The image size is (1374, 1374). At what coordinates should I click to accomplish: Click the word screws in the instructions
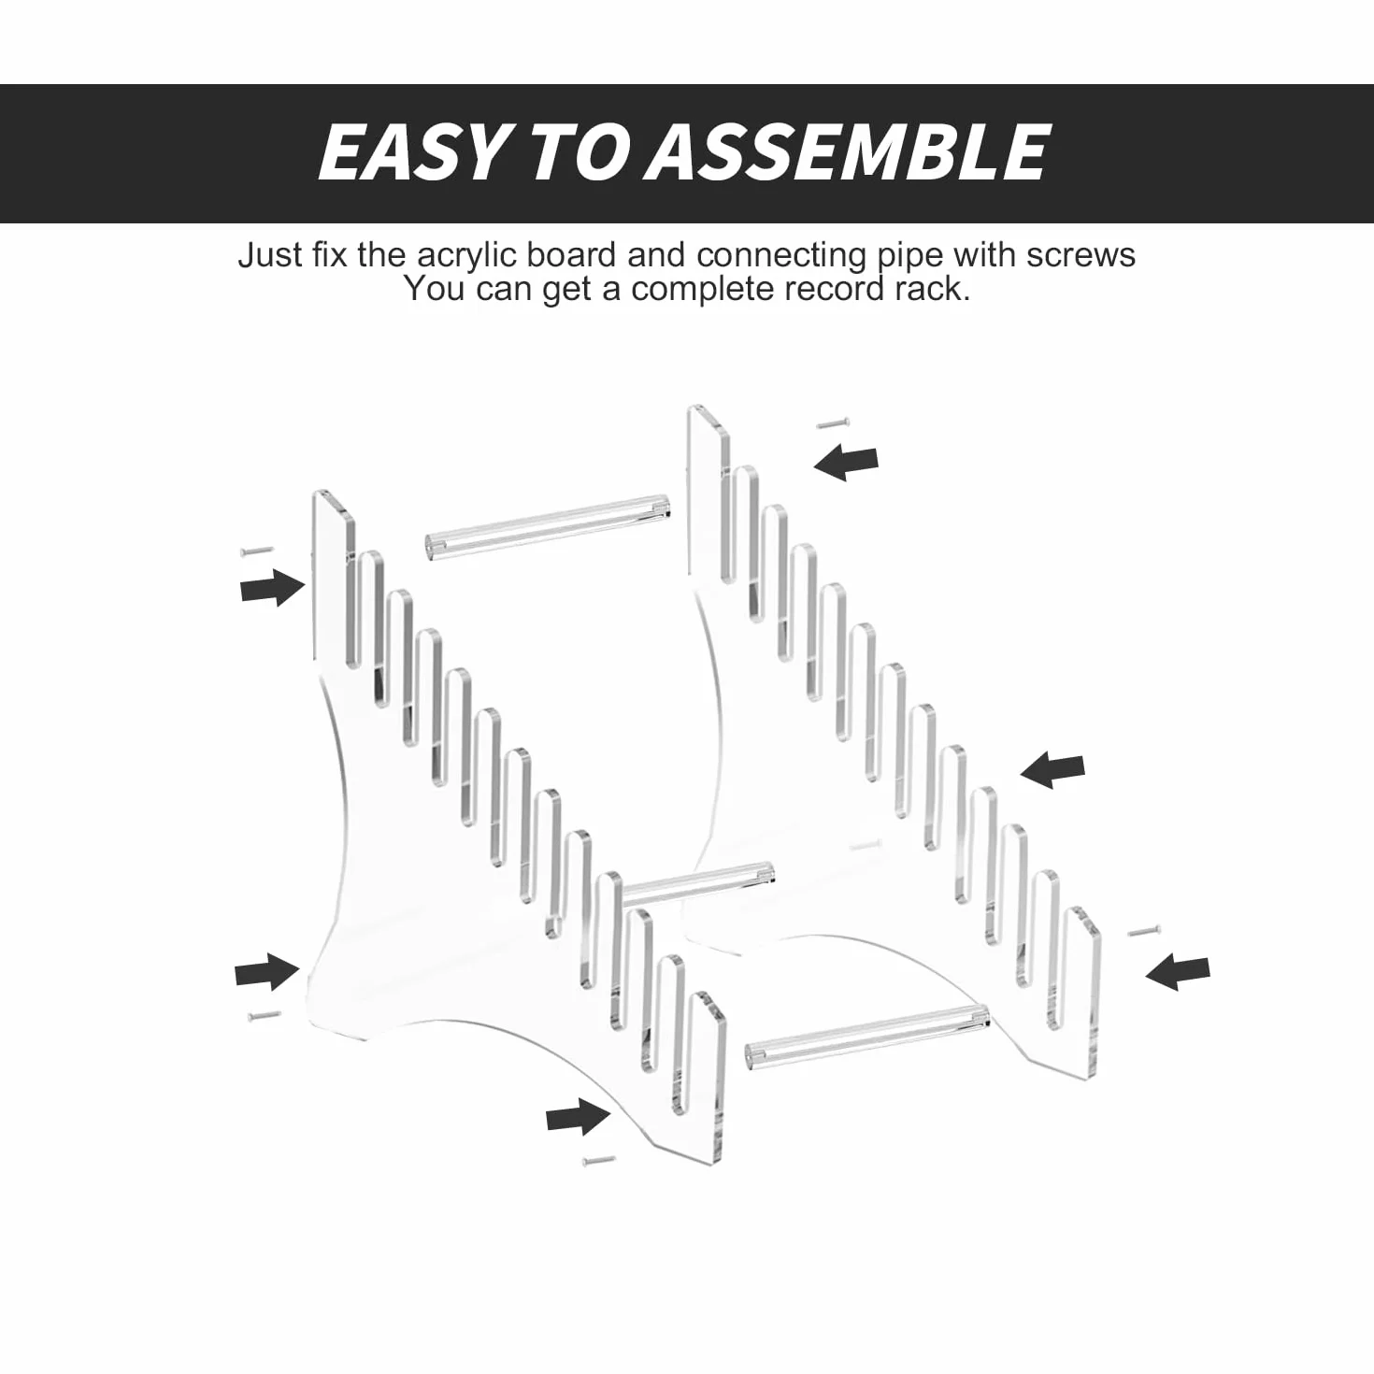pos(1081,256)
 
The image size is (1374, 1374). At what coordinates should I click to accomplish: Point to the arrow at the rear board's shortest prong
pos(1178,972)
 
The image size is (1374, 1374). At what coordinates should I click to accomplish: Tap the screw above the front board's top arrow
pos(257,551)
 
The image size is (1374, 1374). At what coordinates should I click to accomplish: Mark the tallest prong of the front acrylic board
pos(334,570)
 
